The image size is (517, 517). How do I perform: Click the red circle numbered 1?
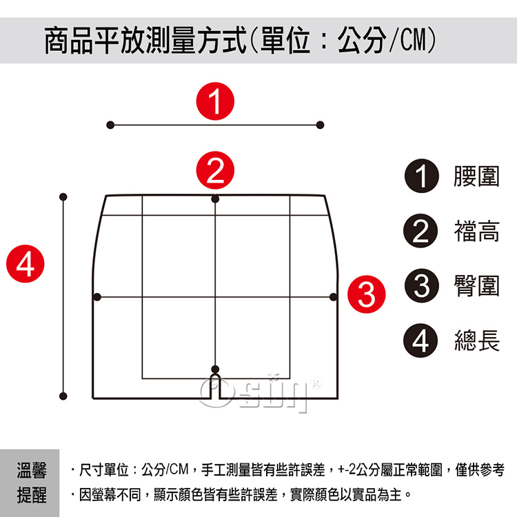[215, 101]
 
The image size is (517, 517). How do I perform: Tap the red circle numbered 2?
[215, 170]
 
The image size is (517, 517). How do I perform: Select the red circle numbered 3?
[366, 294]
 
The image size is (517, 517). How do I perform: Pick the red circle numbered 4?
[26, 263]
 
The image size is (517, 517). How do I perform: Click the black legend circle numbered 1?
[422, 176]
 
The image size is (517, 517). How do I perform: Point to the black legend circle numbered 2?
[420, 231]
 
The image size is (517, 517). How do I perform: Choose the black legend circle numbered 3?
[422, 285]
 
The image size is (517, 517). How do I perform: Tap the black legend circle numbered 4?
[420, 341]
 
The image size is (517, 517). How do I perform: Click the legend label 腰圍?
[476, 176]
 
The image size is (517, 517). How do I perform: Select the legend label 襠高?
[476, 231]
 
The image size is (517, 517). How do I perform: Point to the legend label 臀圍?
[476, 285]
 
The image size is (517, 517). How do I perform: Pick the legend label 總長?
[476, 341]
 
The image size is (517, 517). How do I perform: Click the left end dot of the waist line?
[110, 125]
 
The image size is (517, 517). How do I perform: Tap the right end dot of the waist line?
[320, 125]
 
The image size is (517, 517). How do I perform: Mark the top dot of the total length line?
[63, 197]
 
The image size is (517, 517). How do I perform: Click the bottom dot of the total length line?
[63, 396]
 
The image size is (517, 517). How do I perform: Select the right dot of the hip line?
[334, 296]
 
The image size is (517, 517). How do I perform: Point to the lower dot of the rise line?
[215, 369]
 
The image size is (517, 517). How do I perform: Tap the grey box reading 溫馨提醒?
[30, 483]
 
